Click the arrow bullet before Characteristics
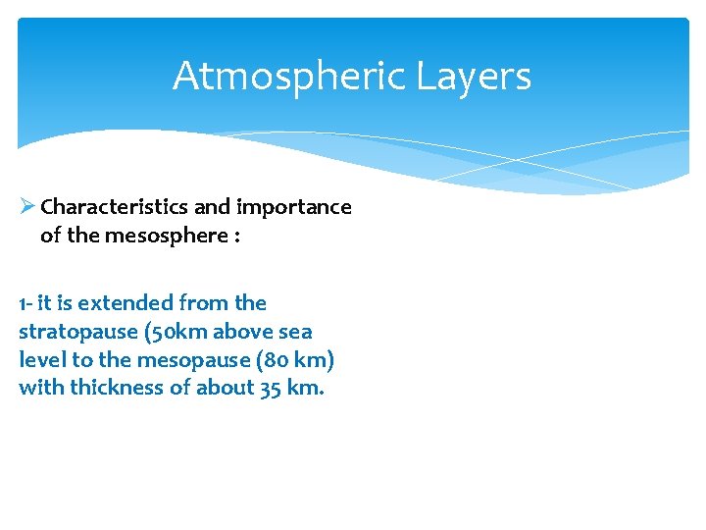26,206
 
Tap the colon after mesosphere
236,237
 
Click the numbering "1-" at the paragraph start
27,303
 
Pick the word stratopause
77,332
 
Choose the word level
41,360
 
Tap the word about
225,388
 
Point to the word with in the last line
38,388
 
